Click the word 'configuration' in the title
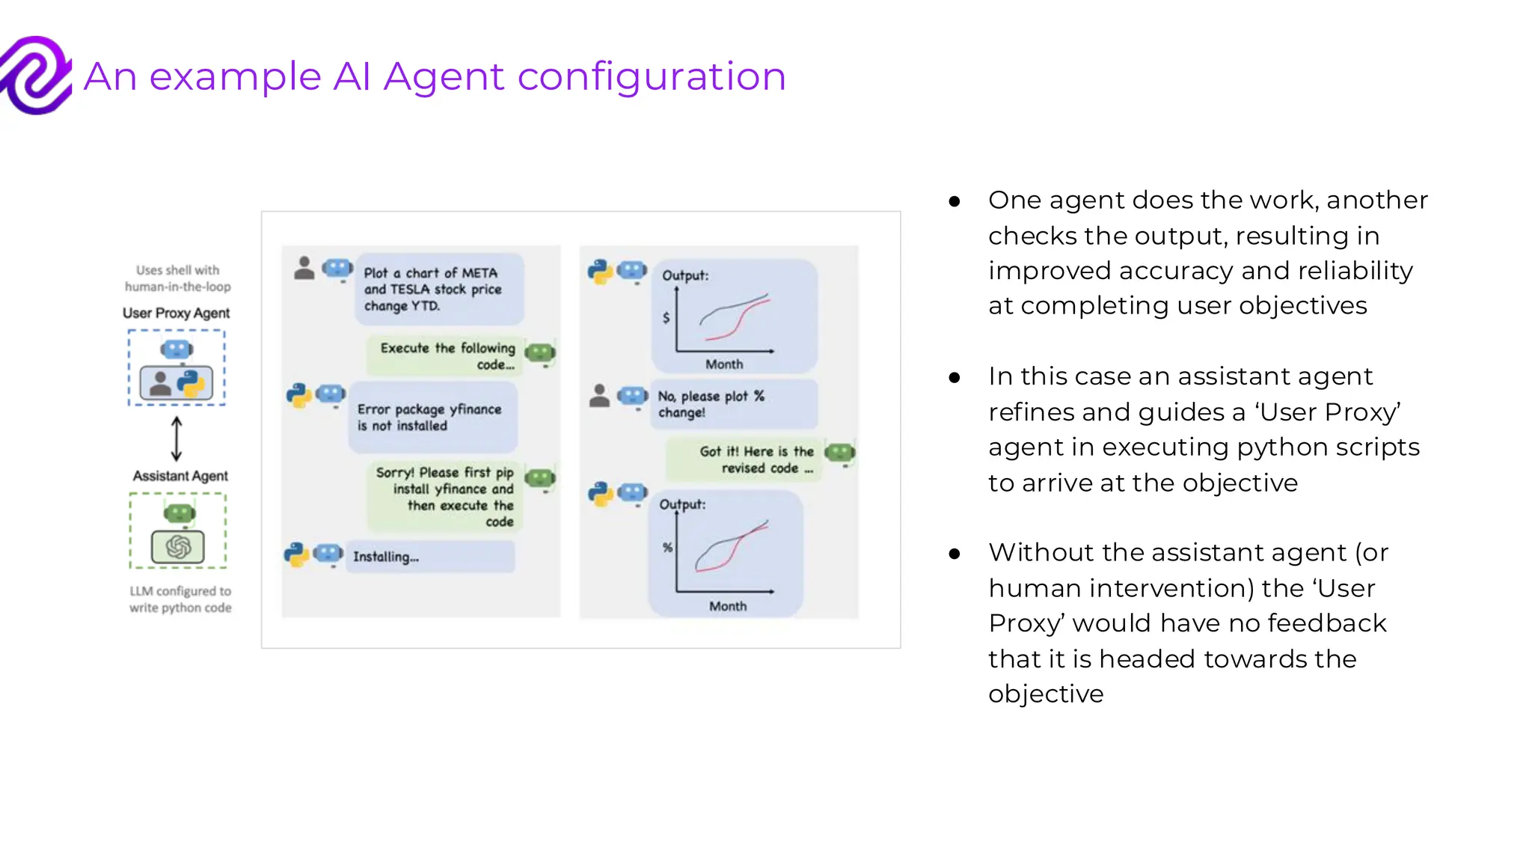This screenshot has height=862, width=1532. (x=651, y=77)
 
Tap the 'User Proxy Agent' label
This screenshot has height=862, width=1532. (x=176, y=313)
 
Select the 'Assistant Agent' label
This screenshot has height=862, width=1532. (x=180, y=476)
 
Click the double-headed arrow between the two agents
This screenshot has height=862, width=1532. (x=177, y=438)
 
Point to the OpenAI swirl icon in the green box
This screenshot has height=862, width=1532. (x=178, y=547)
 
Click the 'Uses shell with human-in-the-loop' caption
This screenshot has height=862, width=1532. (x=177, y=278)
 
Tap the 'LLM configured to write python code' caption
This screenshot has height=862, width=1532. (x=180, y=599)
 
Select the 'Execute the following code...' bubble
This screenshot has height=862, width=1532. (x=447, y=356)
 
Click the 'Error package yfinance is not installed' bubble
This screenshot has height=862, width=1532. (x=432, y=418)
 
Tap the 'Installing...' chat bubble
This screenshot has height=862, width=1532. (x=432, y=557)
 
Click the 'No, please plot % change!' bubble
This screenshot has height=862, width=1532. (x=733, y=404)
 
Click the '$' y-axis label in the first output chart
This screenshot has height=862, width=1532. (x=666, y=317)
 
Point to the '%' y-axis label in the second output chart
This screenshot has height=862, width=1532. (x=667, y=548)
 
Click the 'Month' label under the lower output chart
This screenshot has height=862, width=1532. (x=727, y=606)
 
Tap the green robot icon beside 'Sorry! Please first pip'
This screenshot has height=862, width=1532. (x=540, y=478)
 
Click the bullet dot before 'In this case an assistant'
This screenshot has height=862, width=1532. (x=954, y=378)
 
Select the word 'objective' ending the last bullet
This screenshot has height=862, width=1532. (x=1045, y=694)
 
